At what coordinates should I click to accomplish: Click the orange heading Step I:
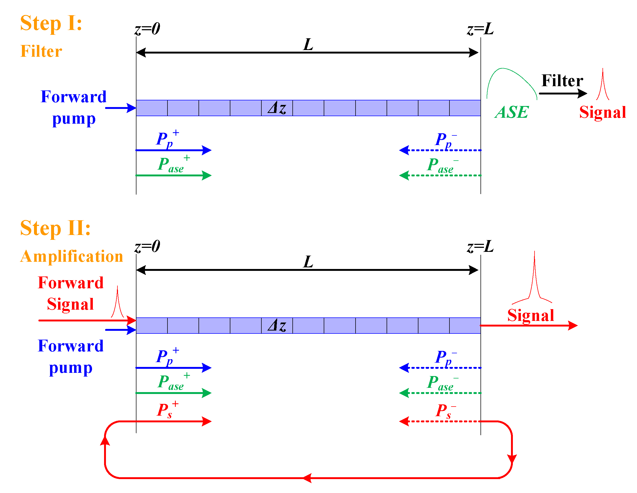(x=51, y=23)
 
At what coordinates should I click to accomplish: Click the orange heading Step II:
(x=55, y=228)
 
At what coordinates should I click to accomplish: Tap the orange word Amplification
(x=71, y=257)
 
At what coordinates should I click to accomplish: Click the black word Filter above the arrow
(x=562, y=81)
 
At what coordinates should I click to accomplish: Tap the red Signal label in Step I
(x=602, y=112)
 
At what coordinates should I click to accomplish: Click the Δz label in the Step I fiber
(x=277, y=108)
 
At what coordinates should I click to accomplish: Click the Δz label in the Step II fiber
(x=277, y=325)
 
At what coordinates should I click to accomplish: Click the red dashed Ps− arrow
(x=437, y=422)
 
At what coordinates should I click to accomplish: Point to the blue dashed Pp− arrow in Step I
(x=437, y=150)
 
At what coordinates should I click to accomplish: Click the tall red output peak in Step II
(x=534, y=280)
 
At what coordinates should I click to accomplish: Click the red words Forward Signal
(x=71, y=293)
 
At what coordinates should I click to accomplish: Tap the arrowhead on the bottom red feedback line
(x=307, y=478)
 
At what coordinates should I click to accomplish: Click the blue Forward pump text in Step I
(x=74, y=107)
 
